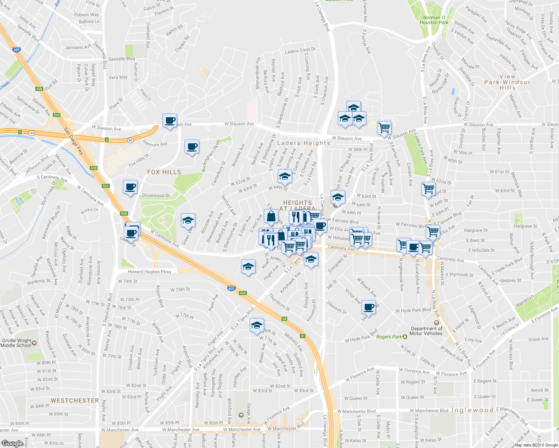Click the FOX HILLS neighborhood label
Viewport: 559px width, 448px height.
[164, 172]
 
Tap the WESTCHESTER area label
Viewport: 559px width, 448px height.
[75, 401]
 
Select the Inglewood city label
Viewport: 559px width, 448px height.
[472, 410]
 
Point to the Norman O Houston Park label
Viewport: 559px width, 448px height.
[433, 20]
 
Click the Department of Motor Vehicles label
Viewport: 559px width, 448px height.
[426, 331]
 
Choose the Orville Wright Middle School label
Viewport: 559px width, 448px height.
[16, 343]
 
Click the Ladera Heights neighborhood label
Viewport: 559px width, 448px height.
[303, 143]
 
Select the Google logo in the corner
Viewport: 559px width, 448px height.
[12, 444]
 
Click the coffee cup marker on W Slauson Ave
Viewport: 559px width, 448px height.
[170, 121]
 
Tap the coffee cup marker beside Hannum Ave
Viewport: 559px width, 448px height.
[192, 147]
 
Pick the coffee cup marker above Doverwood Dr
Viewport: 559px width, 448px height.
[130, 187]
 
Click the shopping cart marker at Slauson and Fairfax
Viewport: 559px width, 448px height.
[384, 128]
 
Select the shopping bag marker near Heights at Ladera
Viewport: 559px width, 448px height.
[271, 217]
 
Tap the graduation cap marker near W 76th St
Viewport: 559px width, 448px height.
[256, 326]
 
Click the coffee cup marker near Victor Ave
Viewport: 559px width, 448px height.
[369, 307]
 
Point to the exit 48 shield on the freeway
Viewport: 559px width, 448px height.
[284, 319]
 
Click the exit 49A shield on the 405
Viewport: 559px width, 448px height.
[243, 293]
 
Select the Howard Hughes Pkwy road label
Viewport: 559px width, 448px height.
[149, 272]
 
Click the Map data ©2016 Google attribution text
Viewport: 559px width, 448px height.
[536, 445]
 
